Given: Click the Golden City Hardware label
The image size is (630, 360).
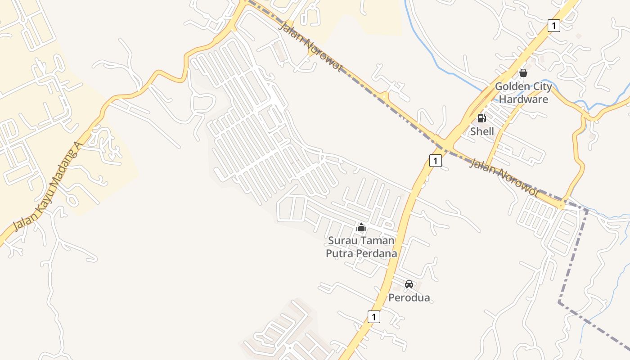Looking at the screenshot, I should [x=523, y=93].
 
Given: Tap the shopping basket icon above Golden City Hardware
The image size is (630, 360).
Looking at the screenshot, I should [x=523, y=72].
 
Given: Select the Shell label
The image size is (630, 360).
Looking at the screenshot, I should [x=482, y=131].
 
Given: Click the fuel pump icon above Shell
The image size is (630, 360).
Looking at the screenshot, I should [x=481, y=118].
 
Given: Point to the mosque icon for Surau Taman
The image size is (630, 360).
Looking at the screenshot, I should [x=361, y=228].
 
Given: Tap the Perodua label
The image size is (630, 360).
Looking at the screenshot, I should [x=409, y=298].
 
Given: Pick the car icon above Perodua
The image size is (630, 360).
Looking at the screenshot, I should [x=409, y=284].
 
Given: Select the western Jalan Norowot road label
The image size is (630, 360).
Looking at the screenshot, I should [x=311, y=46].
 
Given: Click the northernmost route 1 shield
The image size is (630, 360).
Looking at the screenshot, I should [x=554, y=26].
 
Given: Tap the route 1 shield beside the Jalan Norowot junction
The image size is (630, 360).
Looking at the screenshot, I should [x=435, y=161].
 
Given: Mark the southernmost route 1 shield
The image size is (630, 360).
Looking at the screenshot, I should [x=373, y=317].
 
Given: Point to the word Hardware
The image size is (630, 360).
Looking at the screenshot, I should [x=523, y=99].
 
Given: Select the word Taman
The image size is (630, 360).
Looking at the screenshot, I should [x=377, y=241].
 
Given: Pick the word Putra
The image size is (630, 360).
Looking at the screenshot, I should [x=340, y=254].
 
